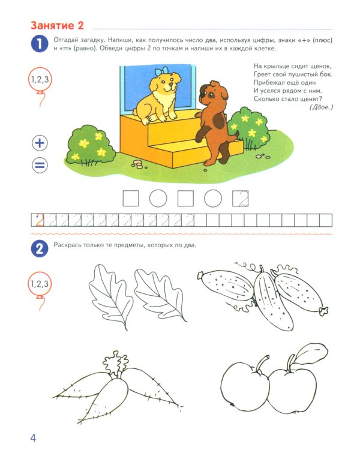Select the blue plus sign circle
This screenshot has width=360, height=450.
click(40, 143)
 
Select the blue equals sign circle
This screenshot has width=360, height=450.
click(40, 165)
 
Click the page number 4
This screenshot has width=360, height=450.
click(33, 437)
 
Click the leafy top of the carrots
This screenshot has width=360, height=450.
click(113, 363)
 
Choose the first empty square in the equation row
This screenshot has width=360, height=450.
click(130, 198)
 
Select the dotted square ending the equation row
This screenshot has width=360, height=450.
click(241, 198)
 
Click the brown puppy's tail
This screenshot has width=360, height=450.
click(236, 133)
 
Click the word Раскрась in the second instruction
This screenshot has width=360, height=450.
click(69, 245)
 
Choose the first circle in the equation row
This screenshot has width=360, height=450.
click(158, 198)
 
